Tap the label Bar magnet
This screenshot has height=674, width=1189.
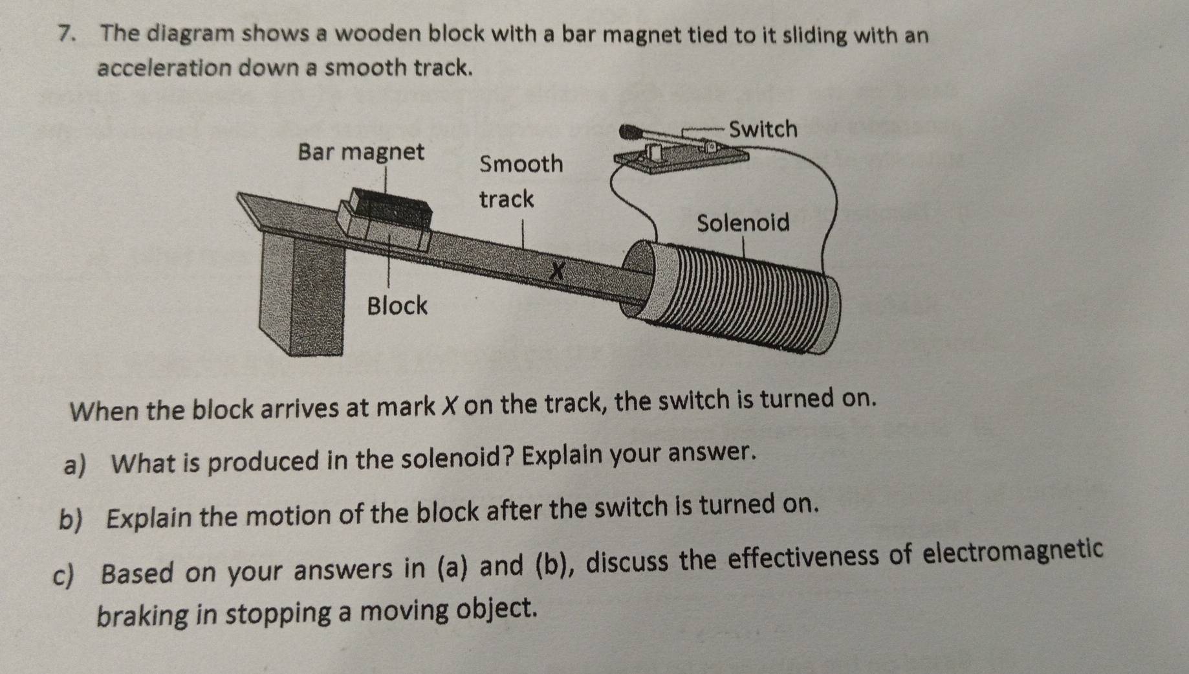point(361,152)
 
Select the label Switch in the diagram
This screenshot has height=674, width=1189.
point(763,129)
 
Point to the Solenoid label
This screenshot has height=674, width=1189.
point(743,223)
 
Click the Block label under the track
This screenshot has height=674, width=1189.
point(397,305)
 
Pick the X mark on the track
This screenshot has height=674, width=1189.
point(557,270)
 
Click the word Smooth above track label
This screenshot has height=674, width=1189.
point(521,164)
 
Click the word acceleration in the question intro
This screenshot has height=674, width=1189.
point(164,67)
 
